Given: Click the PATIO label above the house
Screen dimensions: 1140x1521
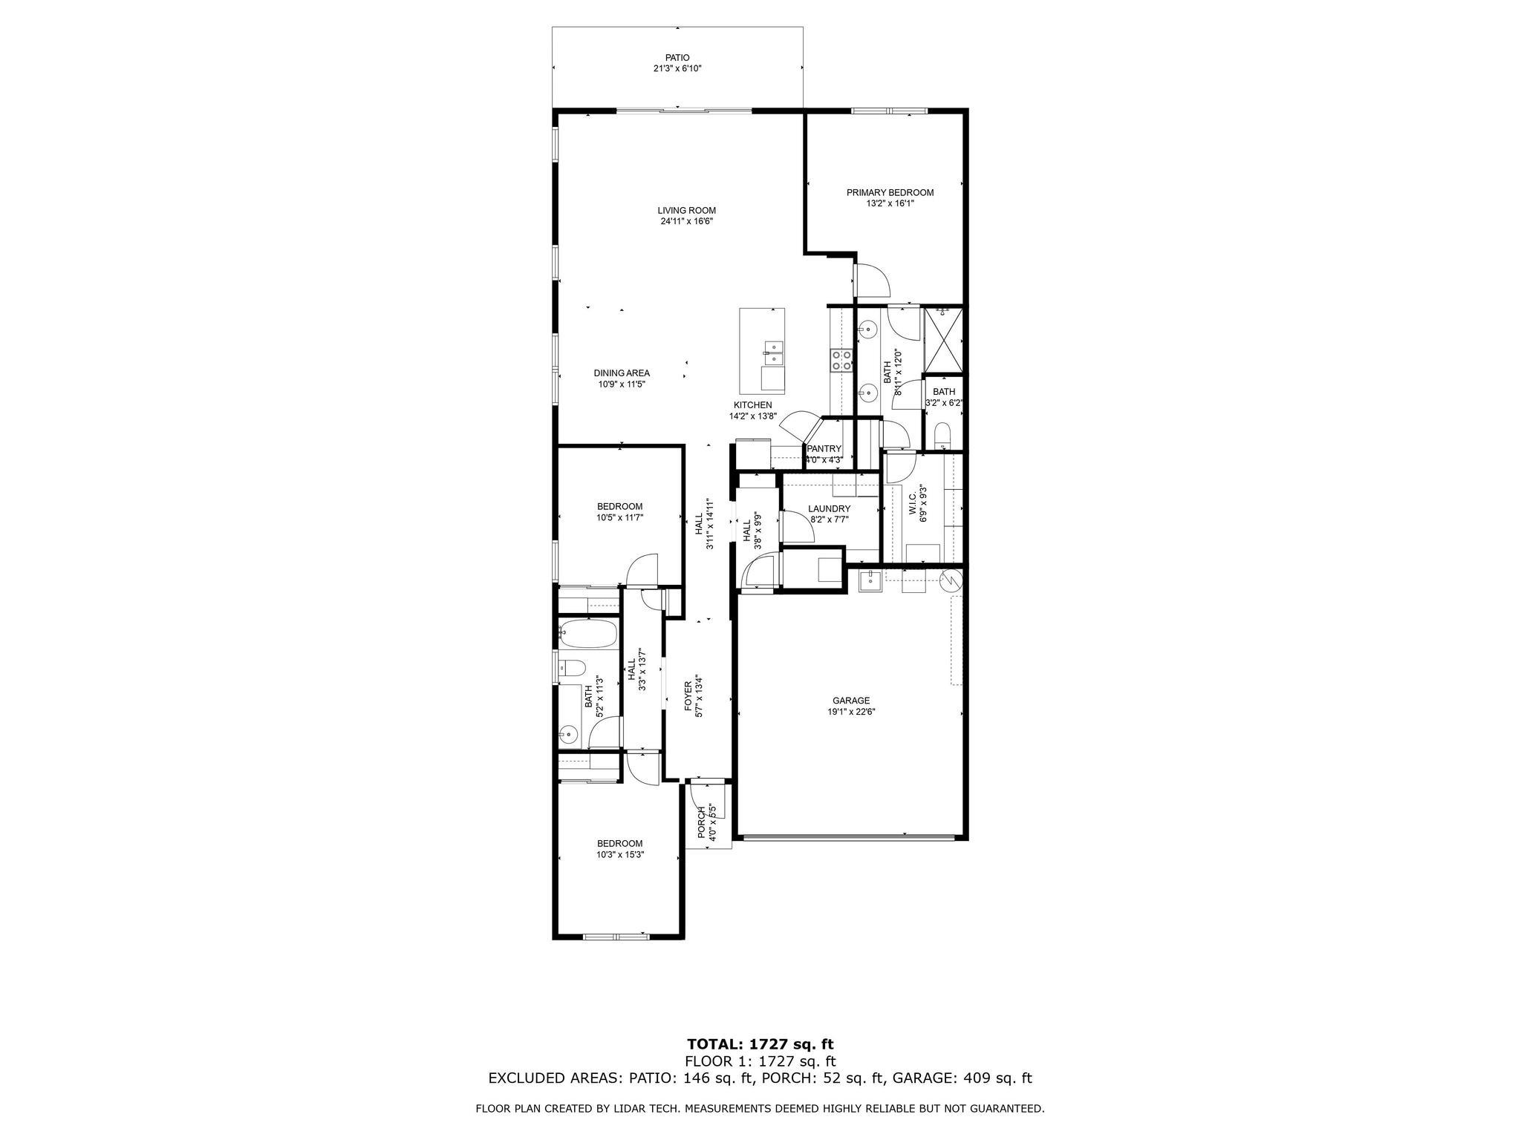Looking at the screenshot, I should coord(677,57).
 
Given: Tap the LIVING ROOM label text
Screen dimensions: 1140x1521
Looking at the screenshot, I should coord(686,210).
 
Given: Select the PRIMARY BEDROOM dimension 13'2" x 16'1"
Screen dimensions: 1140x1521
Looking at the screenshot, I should coord(890,203).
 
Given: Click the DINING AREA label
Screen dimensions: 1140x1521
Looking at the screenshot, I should coord(622,373).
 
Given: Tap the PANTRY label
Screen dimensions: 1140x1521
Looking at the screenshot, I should coord(824,449).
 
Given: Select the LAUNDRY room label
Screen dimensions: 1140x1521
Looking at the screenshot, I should coord(829,508).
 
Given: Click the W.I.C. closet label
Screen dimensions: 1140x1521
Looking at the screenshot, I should coord(913,505).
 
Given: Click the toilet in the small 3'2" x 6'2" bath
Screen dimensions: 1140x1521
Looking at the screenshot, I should coord(942,435).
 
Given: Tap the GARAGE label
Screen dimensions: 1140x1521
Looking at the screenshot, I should coord(850,700).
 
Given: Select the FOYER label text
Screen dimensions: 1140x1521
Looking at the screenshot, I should coord(688,696).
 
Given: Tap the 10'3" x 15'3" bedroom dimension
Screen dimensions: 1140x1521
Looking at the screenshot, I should coord(619,854).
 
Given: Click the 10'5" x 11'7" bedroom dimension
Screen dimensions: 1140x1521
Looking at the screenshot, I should coord(619,517).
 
